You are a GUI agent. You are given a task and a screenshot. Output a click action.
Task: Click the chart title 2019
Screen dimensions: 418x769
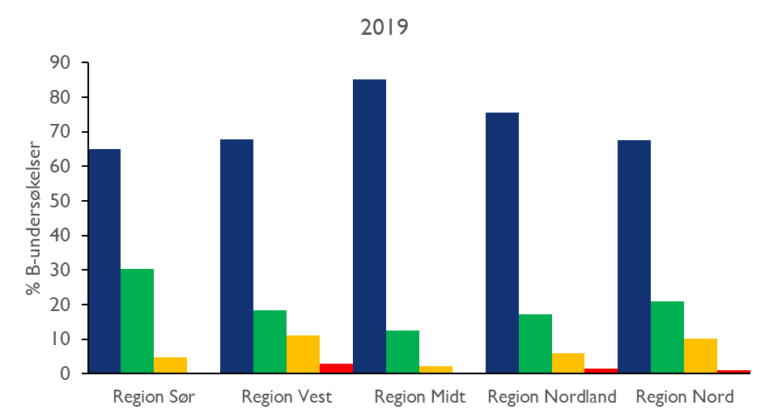[x=384, y=27]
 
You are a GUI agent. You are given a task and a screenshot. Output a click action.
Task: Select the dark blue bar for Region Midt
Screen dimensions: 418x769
[x=369, y=226]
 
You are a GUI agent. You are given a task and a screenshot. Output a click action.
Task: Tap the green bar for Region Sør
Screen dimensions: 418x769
[x=137, y=321]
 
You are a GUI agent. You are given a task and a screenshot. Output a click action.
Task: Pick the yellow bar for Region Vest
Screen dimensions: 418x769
[x=303, y=354]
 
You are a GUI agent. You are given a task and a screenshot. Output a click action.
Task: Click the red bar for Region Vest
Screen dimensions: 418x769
[x=336, y=369]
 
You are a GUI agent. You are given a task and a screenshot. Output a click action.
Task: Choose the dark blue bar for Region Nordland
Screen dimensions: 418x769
[x=502, y=243]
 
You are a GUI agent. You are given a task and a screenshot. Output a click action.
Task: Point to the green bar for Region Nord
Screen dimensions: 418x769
[x=667, y=337]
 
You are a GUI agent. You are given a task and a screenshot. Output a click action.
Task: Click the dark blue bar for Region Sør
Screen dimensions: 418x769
[x=104, y=261]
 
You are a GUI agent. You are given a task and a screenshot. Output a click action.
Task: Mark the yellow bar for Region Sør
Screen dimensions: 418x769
[x=170, y=365]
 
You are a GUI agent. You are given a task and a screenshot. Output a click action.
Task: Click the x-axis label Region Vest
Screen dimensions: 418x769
[x=287, y=397]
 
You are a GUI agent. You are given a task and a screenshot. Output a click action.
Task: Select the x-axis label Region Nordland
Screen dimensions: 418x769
[x=552, y=397]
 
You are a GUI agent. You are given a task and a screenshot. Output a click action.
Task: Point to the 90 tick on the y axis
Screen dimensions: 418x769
[x=61, y=63]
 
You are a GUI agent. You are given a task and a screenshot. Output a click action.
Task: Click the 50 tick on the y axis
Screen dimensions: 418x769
[x=61, y=201]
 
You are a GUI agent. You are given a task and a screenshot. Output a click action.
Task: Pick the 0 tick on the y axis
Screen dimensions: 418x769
[x=66, y=373]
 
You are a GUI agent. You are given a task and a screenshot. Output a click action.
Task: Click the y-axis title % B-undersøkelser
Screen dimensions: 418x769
[x=33, y=218]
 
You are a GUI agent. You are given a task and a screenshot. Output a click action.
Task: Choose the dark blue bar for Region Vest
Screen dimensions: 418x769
[x=236, y=256]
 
